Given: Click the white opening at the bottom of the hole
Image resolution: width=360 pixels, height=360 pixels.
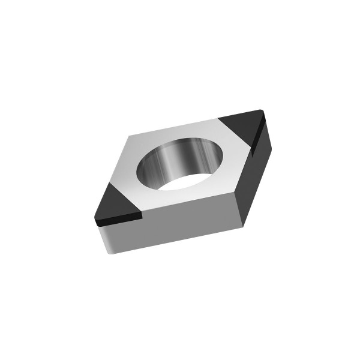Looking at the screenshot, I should pyautogui.click(x=186, y=182).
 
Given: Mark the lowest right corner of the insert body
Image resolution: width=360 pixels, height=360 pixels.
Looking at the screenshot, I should pyautogui.click(x=242, y=226).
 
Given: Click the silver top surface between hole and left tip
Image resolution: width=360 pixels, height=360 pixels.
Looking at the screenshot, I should pyautogui.click(x=134, y=180).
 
